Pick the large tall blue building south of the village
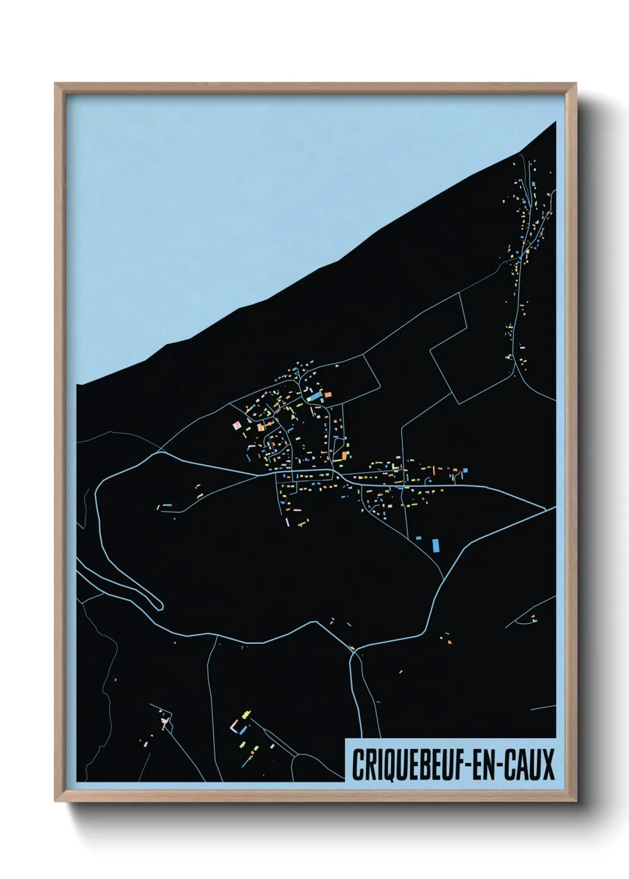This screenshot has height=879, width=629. (436, 545)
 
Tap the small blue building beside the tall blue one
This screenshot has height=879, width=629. (419, 538)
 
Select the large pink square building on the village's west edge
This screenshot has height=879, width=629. (236, 425)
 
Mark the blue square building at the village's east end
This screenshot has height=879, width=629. (465, 470)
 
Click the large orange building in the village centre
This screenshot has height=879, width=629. (344, 456)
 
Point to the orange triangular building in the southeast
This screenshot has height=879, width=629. (449, 641)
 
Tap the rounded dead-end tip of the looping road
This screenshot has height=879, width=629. (160, 605)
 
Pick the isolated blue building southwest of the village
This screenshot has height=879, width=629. (168, 505)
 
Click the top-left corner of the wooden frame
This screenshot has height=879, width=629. (56, 84)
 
